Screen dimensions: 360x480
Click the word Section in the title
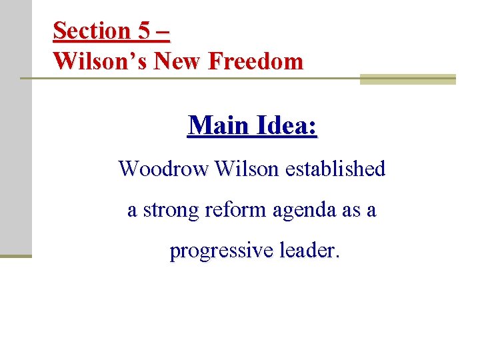coord(91,31)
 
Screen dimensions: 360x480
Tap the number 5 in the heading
coord(144,31)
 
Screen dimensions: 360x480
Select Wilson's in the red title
coord(100,61)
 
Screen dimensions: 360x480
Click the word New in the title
coord(178,61)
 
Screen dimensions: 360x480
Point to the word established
coord(335,169)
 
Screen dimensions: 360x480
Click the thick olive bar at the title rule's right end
coord(407,79)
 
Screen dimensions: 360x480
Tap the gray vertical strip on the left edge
coord(15,127)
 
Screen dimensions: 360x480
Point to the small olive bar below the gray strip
coord(15,255)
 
